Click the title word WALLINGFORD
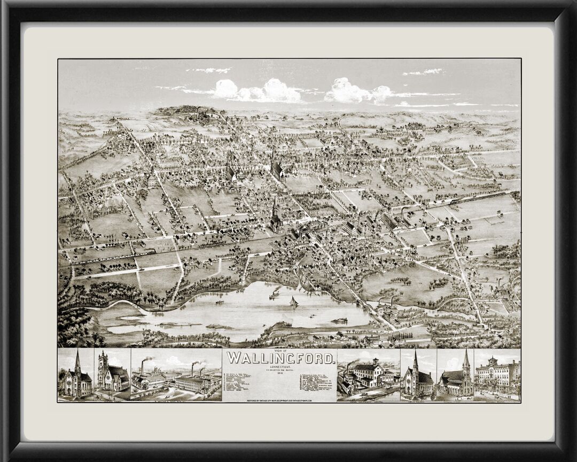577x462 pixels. coord(281,358)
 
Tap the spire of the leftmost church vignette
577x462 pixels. coord(77,358)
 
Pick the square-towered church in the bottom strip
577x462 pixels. coord(111,374)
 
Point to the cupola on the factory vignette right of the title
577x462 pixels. coord(376,361)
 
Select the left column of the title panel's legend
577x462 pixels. coord(238,380)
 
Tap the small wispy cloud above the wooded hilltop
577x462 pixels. coord(209,70)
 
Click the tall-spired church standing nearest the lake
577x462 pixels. coord(275,217)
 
